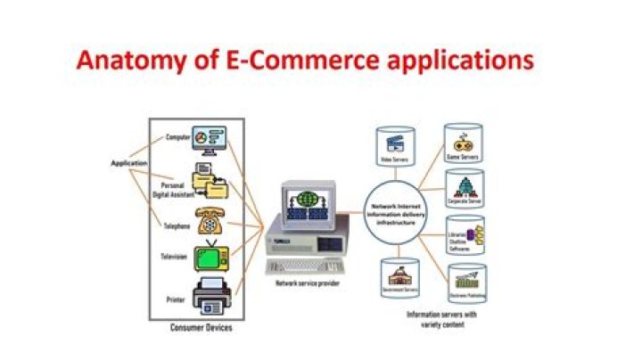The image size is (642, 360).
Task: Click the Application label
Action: (128, 163)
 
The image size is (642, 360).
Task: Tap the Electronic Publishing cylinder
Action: (465, 282)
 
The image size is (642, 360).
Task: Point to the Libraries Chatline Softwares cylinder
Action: (465, 237)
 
